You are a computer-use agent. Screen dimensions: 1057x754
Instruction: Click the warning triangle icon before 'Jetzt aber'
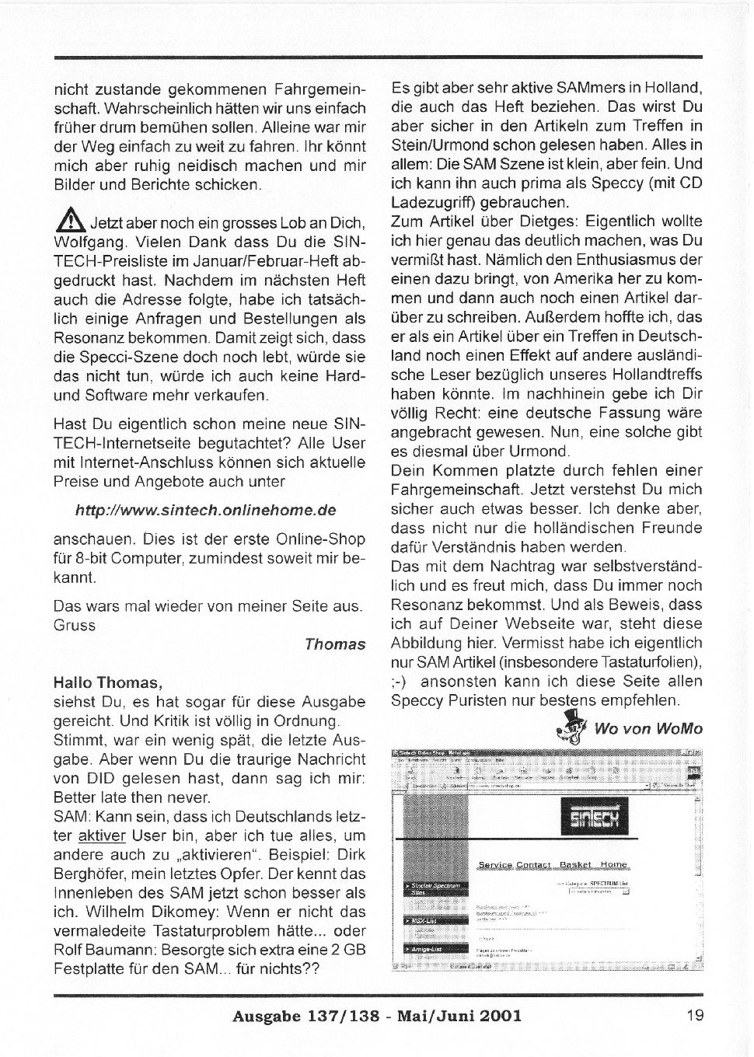(x=71, y=222)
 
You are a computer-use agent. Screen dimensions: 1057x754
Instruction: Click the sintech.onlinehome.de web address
(x=205, y=511)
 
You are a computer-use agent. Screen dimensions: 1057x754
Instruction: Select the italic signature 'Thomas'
(x=334, y=644)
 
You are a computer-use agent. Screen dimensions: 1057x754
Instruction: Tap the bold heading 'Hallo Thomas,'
(x=108, y=683)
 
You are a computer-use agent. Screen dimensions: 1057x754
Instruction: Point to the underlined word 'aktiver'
(x=102, y=836)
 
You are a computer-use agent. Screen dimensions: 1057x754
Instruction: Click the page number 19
(x=694, y=1015)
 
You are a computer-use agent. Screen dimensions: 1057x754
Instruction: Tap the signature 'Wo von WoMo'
(x=648, y=728)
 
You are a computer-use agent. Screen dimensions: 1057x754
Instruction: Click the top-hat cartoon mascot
(x=574, y=727)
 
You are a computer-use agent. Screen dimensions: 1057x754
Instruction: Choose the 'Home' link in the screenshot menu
(x=613, y=864)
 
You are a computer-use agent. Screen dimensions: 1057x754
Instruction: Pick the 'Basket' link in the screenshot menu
(x=575, y=864)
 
